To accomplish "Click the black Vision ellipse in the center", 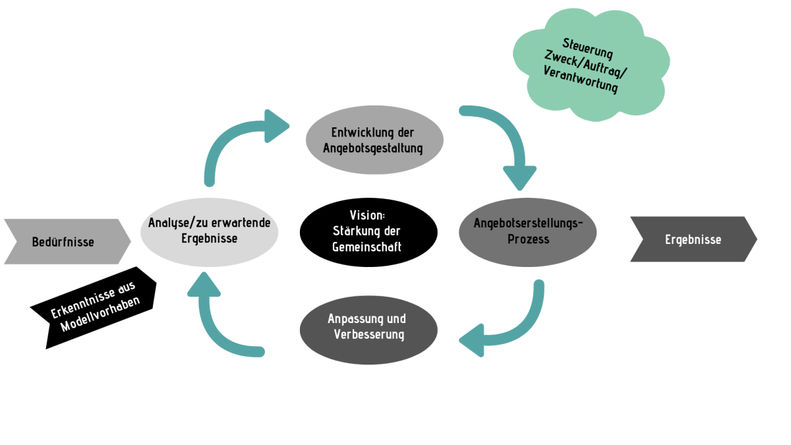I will click(x=368, y=231).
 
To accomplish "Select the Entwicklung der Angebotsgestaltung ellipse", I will click(x=374, y=140).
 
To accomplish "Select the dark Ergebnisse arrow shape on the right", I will click(x=692, y=239).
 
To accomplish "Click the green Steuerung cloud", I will click(x=589, y=66).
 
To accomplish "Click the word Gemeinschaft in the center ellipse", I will click(x=368, y=247).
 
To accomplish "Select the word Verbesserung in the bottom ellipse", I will click(x=368, y=334).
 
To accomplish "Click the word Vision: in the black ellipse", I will click(x=368, y=216).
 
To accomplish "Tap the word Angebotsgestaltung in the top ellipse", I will click(x=373, y=148).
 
